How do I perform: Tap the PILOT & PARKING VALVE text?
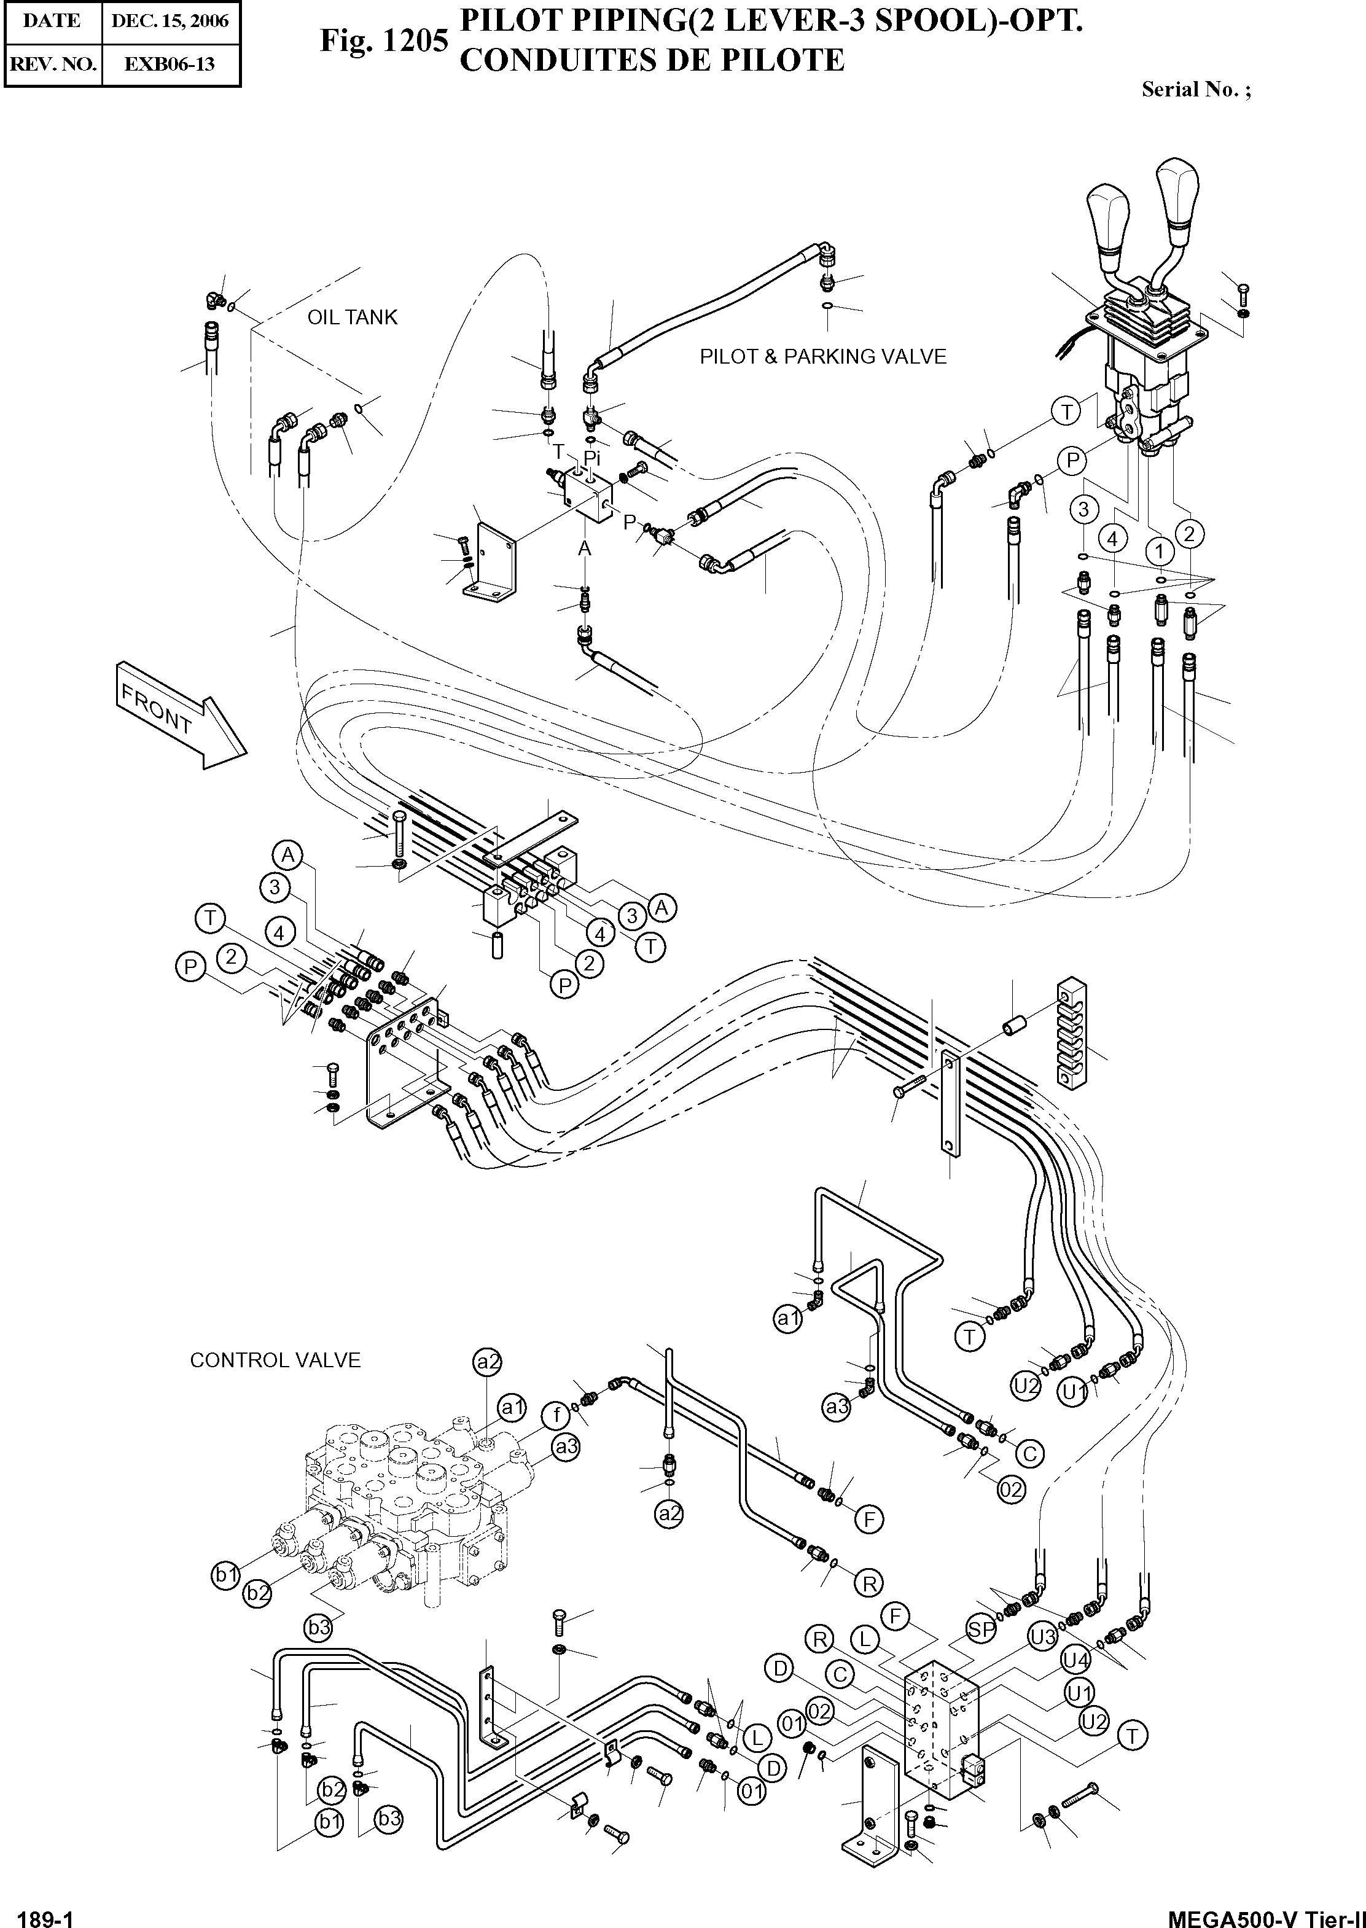822,357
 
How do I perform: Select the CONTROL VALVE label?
275,1360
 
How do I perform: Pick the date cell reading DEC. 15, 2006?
170,21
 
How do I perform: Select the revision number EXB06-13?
170,64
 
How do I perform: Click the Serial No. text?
1195,90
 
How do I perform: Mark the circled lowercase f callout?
556,1416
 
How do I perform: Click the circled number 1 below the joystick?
1160,552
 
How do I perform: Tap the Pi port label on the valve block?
593,458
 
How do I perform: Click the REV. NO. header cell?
53,64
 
